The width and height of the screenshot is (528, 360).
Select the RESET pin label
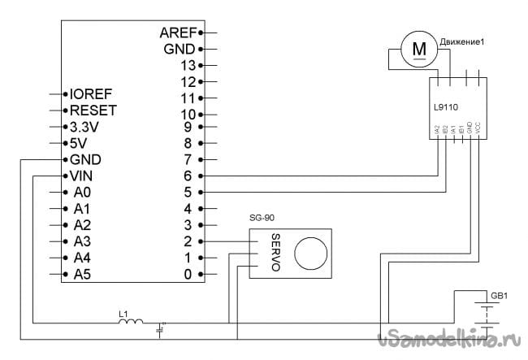[93, 110]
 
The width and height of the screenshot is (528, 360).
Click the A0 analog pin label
[83, 193]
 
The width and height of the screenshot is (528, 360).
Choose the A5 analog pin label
[83, 274]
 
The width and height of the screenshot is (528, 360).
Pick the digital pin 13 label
[188, 64]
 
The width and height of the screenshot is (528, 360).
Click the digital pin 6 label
[188, 176]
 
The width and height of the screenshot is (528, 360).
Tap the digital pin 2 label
[188, 241]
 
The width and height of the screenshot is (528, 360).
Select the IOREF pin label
[91, 93]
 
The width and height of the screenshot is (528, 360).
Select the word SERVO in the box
[275, 254]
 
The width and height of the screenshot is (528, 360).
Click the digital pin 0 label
[188, 274]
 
